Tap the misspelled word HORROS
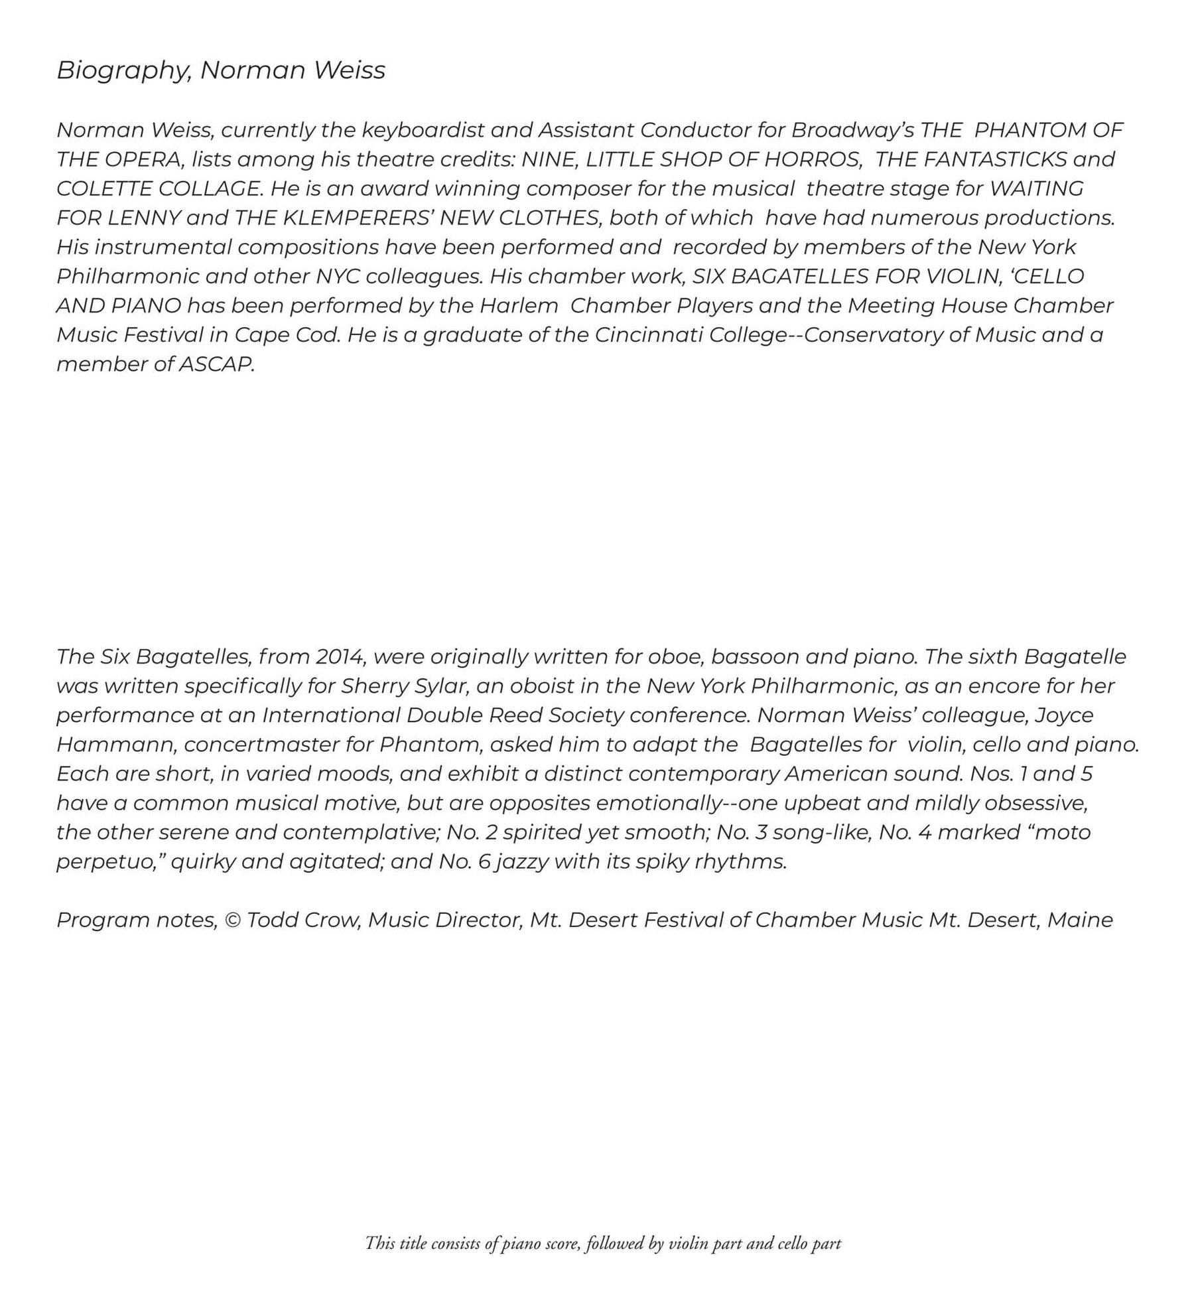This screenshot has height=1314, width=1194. pyautogui.click(x=812, y=159)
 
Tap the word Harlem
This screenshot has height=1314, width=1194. pyautogui.click(x=519, y=305)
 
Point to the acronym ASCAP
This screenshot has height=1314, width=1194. pyautogui.click(x=216, y=364)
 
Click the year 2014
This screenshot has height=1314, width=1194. pyautogui.click(x=340, y=656)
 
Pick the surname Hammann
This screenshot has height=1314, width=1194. pyautogui.click(x=116, y=744)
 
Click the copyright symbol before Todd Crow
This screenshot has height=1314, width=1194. pyautogui.click(x=232, y=920)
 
